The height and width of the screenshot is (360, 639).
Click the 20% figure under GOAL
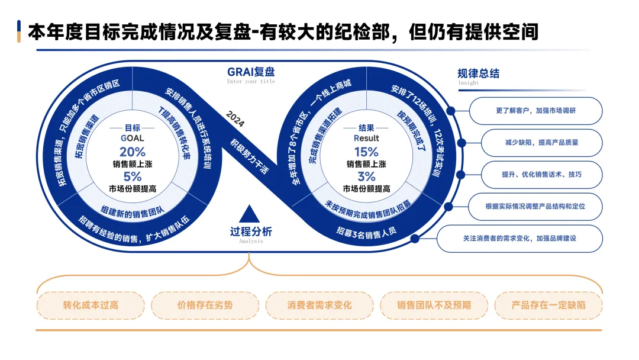[x=133, y=151]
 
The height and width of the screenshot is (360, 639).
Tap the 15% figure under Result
[x=366, y=151]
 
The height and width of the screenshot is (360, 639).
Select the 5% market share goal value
[x=133, y=176]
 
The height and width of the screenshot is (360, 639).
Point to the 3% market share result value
[x=366, y=176]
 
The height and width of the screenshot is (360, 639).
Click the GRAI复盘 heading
[x=251, y=72]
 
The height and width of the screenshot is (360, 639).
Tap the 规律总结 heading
[x=478, y=73]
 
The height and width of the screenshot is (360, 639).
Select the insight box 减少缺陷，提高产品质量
[x=537, y=143]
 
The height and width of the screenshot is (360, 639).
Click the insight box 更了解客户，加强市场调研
[x=537, y=111]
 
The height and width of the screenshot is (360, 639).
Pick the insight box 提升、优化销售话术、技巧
[x=537, y=175]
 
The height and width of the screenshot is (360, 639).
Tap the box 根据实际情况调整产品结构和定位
[x=537, y=207]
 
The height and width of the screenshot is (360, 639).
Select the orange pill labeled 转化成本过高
[x=91, y=306]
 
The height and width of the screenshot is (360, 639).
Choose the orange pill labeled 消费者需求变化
[x=319, y=306]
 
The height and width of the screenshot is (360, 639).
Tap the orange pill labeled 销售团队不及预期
[x=434, y=306]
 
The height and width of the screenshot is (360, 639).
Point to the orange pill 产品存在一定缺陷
[x=548, y=306]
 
